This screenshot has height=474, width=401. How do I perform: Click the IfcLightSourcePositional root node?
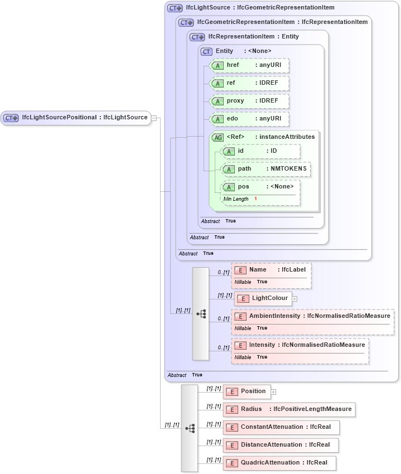click(76, 118)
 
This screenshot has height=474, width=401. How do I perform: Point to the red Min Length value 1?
click(255, 199)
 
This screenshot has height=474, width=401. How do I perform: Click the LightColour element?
click(263, 298)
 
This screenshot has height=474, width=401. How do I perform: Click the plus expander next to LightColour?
click(294, 299)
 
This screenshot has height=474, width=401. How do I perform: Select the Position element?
click(247, 391)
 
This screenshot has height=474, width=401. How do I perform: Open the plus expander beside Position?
click(273, 392)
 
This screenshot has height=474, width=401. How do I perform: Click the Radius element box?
click(289, 409)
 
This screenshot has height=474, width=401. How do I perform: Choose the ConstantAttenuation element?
click(281, 427)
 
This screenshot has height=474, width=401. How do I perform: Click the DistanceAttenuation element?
click(281, 445)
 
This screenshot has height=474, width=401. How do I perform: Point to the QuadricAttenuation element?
click(279, 463)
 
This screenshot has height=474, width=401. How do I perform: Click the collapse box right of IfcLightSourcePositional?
click(154, 118)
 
